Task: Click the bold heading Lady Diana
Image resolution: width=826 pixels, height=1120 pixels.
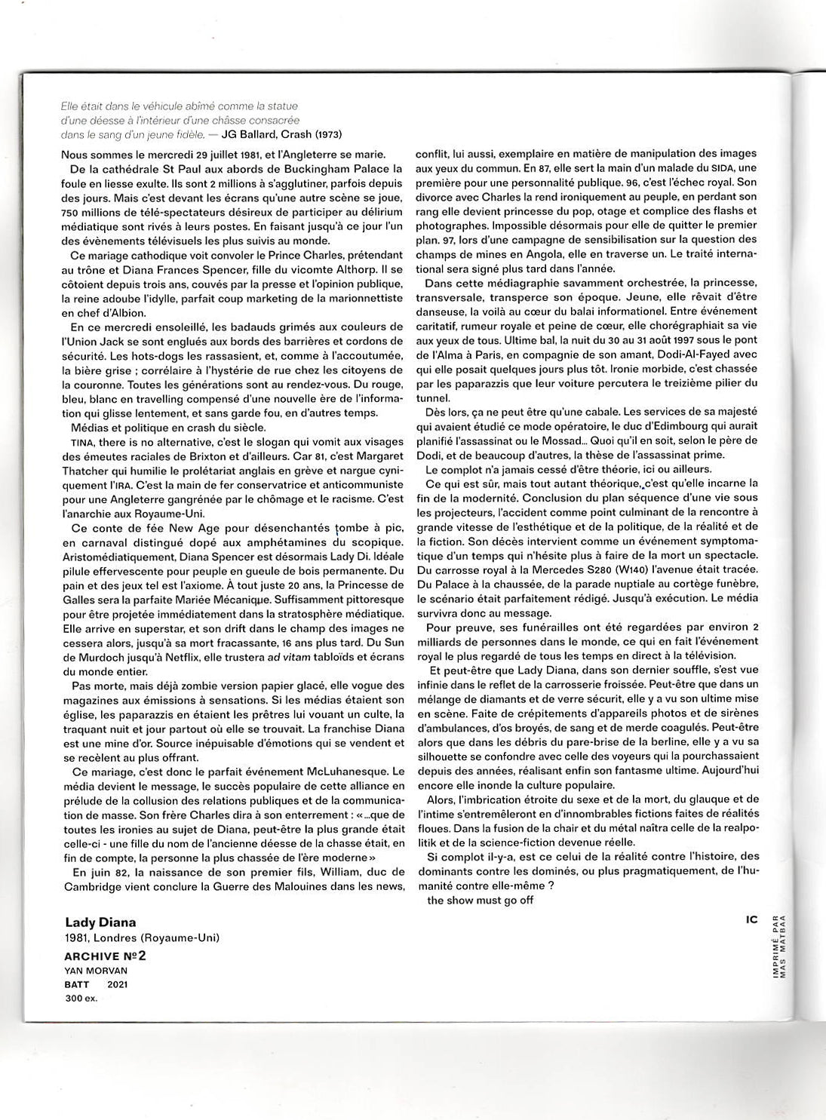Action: pos(100,922)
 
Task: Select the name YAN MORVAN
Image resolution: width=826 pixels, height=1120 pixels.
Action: pos(95,971)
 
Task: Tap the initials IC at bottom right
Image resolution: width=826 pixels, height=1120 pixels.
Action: pos(751,919)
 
